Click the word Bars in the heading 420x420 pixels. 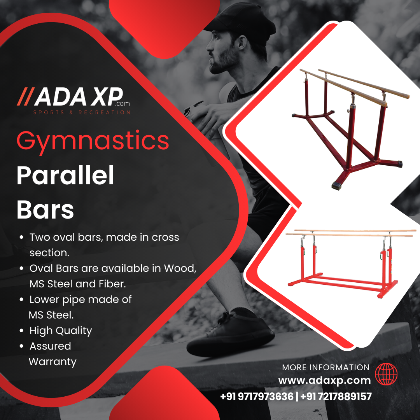45,210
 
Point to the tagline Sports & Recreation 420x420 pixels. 82,112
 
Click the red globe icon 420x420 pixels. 386,374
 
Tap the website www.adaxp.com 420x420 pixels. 324,380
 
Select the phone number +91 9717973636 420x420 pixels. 257,396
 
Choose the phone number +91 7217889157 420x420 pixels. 336,396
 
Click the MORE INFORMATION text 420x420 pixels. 326,367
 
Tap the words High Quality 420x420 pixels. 61,331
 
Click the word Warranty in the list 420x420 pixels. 52,362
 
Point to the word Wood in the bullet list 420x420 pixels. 180,268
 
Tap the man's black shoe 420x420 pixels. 230,335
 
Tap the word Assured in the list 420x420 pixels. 50,346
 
